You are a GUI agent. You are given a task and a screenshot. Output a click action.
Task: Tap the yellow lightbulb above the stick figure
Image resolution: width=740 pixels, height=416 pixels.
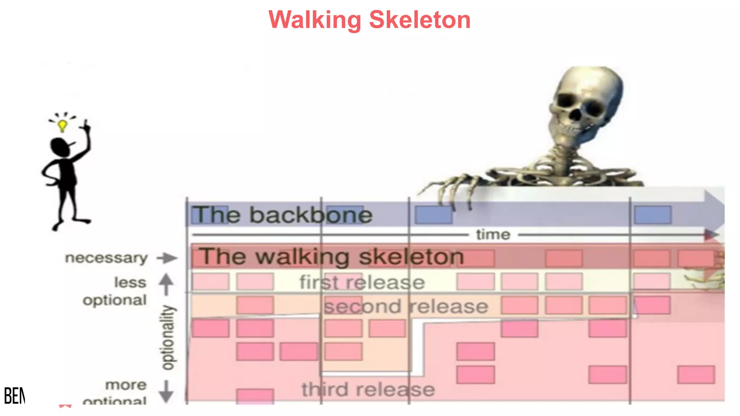click(63, 125)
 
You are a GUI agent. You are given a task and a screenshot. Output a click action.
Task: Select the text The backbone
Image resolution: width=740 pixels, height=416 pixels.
click(282, 215)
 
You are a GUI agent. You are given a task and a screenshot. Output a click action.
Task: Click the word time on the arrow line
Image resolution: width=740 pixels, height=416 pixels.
click(493, 235)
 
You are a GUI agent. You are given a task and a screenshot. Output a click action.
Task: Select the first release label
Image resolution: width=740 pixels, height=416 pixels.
click(362, 282)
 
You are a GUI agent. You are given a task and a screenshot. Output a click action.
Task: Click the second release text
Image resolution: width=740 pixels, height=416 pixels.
click(406, 307)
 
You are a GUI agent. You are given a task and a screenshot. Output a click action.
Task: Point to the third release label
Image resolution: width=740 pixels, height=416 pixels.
click(368, 390)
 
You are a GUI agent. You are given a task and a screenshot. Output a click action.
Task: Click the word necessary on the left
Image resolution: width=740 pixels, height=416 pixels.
click(106, 258)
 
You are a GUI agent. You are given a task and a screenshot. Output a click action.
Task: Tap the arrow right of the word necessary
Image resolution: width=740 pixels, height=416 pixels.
click(167, 258)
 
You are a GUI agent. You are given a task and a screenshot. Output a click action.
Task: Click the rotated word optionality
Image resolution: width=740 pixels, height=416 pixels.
click(168, 337)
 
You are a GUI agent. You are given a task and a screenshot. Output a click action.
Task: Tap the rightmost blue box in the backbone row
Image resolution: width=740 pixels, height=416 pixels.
click(653, 215)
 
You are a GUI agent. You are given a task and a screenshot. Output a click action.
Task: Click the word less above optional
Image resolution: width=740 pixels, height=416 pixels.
click(130, 282)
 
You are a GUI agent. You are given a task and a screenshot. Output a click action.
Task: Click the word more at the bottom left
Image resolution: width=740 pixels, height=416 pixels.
click(126, 385)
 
